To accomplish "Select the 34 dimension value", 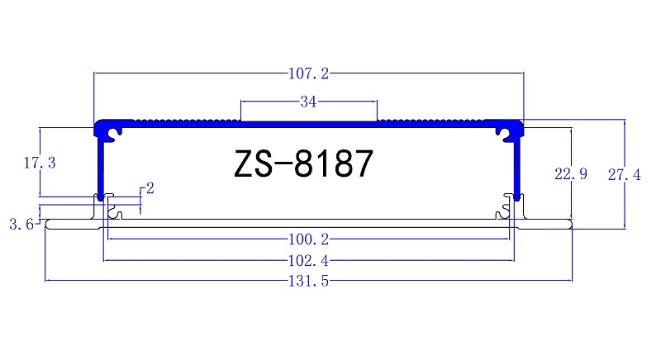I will pos(308,102).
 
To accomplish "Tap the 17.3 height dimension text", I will pos(40,163).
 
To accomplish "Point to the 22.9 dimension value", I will pos(571,174).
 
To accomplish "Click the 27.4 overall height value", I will pos(625,174).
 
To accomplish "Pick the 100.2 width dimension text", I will pos(307,240).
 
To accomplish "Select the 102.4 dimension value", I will pos(307,261).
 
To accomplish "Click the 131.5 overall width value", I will pos(307,282).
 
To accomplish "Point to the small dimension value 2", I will pos(150,188).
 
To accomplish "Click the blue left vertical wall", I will pos(99,165).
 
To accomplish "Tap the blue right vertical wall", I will pos(518,165).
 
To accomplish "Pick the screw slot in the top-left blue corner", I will pos(116,131).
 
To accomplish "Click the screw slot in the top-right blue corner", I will pos(502,131).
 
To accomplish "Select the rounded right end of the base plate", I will pos(569,225).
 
